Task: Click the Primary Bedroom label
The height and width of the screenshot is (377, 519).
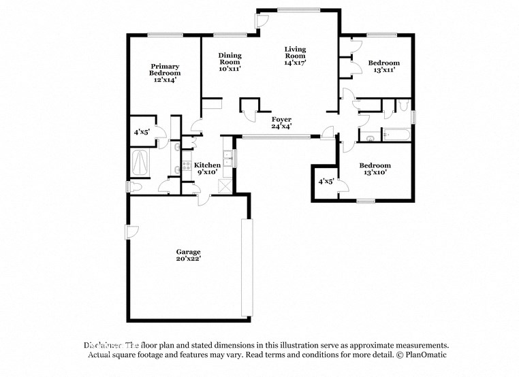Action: click(x=166, y=73)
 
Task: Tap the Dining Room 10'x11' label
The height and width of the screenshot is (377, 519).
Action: click(x=230, y=61)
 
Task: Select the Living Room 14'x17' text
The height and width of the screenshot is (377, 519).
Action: click(x=295, y=55)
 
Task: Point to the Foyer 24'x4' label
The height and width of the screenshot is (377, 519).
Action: click(x=281, y=122)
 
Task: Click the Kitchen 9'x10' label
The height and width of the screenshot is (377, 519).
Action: click(x=207, y=169)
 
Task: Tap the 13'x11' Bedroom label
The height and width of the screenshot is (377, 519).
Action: click(x=383, y=67)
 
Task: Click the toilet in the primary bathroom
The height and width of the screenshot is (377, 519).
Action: click(x=135, y=186)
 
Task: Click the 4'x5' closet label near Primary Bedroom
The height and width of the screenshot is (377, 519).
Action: click(x=142, y=132)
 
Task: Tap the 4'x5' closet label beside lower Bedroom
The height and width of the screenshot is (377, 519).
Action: click(x=326, y=182)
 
